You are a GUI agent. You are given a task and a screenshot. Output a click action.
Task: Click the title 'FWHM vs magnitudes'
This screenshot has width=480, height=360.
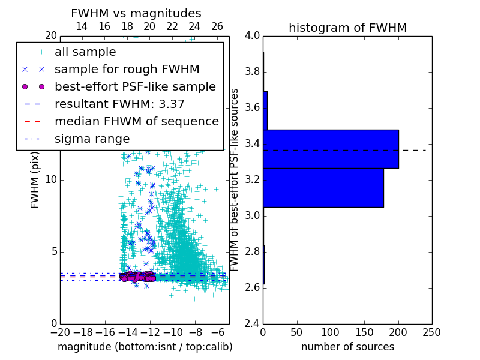click(x=136, y=14)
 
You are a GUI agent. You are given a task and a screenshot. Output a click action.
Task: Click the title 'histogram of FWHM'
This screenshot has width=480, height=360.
click(x=347, y=28)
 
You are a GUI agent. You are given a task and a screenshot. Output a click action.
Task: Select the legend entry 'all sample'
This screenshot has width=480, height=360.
click(x=85, y=52)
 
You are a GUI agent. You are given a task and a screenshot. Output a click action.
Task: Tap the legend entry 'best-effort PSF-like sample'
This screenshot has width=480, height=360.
click(x=135, y=86)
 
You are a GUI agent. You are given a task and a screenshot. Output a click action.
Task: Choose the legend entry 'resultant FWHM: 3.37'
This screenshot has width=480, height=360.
click(x=119, y=104)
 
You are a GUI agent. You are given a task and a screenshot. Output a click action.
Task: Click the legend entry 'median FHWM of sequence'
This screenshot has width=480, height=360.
click(x=136, y=121)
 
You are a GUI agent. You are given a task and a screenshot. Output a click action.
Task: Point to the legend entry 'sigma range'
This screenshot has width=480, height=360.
click(x=92, y=139)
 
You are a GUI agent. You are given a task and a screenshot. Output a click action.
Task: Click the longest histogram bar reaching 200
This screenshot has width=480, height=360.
click(x=331, y=149)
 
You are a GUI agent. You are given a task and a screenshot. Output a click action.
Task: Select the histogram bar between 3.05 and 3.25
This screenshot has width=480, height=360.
click(x=323, y=188)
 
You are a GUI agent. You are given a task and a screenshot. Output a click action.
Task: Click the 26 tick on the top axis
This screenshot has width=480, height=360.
click(x=217, y=26)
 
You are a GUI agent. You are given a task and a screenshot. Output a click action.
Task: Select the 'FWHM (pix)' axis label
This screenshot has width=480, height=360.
click(x=35, y=179)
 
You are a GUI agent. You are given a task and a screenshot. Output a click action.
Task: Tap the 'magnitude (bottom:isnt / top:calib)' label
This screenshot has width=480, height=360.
click(x=145, y=347)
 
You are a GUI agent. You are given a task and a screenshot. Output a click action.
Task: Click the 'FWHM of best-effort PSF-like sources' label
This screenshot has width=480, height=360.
click(x=235, y=179)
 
